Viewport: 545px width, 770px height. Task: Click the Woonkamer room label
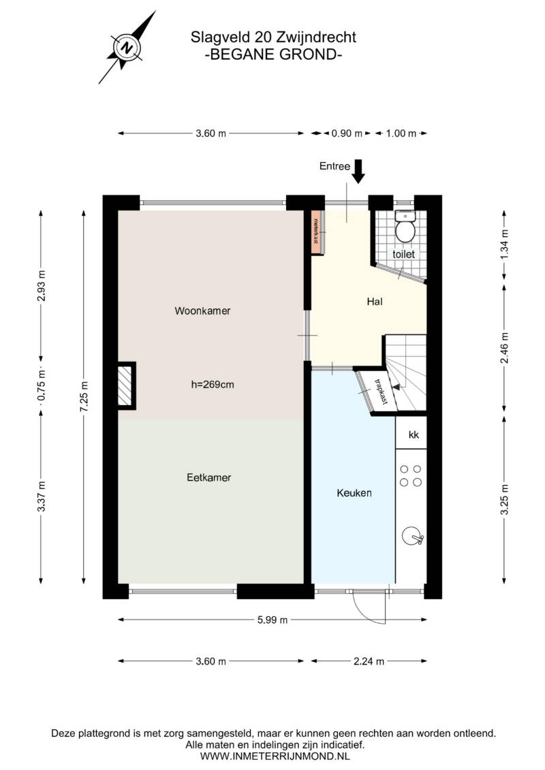[202, 311]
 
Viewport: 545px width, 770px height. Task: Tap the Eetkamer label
[209, 477]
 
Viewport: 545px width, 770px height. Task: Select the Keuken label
[354, 492]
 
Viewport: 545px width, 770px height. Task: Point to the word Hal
[375, 302]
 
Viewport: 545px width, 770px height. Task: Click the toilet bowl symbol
[405, 227]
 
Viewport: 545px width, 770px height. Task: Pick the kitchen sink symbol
[412, 536]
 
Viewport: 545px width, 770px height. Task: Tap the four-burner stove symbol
[410, 475]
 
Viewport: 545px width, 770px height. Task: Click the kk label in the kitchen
[414, 434]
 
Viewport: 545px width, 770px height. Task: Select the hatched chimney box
[125, 386]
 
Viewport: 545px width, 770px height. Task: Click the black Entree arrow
[358, 171]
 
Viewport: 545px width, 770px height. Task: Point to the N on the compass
[127, 48]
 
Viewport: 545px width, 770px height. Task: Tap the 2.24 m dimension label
[369, 661]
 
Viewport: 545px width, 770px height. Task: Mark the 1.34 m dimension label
[505, 244]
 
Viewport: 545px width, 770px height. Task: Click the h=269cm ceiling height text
[213, 385]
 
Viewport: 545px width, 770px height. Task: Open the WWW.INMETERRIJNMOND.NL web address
[275, 756]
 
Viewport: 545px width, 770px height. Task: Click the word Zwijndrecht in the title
[317, 37]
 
